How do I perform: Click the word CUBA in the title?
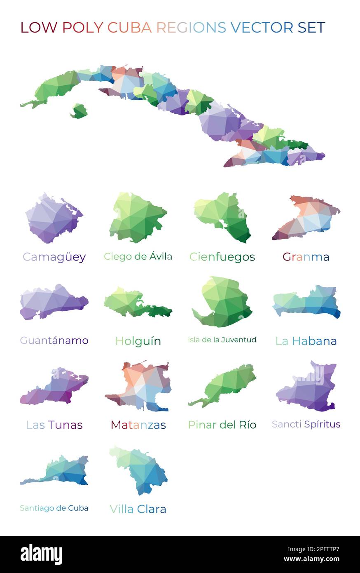point(129,28)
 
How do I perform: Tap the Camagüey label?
point(54,257)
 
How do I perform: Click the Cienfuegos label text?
point(222,257)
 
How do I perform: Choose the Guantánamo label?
point(54,341)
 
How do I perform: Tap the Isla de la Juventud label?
point(222,340)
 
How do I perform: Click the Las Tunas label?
point(54,425)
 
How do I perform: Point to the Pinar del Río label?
point(222,425)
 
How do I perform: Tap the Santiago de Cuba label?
point(54,508)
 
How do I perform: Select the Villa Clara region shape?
point(142,470)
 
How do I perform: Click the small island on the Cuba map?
point(79,111)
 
